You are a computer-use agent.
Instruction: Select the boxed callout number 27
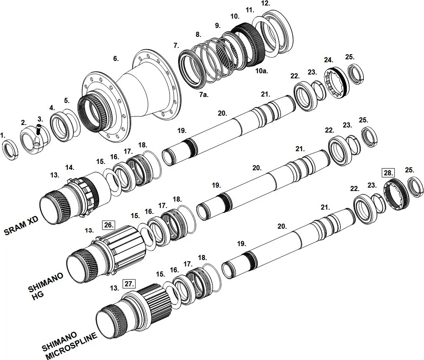point(128,284)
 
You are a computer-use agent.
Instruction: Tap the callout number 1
point(3,136)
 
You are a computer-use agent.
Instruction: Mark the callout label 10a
point(262,71)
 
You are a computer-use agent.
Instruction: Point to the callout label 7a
point(204,94)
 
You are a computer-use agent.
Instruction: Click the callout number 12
point(265,3)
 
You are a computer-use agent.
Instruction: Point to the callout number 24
point(329,60)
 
